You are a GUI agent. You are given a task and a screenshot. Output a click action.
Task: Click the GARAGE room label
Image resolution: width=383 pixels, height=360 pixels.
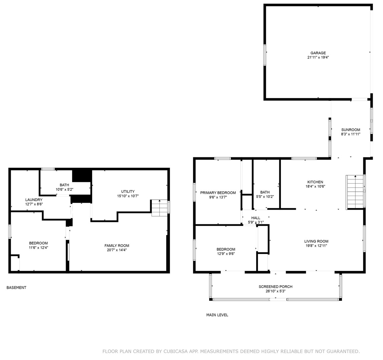(318, 53)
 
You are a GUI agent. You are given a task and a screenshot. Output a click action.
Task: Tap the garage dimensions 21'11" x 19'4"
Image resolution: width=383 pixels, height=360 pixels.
(318, 57)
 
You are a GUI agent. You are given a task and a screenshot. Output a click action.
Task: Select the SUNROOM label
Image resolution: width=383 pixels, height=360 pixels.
(351, 130)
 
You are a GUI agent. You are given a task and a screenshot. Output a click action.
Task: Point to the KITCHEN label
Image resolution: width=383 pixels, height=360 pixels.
(315, 182)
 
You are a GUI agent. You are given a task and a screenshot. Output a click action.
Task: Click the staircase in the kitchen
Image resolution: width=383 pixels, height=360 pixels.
(355, 192)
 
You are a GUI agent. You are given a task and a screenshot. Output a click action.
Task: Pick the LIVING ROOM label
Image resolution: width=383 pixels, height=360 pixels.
(316, 241)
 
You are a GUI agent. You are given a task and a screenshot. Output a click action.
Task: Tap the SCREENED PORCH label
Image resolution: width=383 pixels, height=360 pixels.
(276, 287)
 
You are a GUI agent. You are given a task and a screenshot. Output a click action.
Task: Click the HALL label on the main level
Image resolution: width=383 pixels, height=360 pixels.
(256, 218)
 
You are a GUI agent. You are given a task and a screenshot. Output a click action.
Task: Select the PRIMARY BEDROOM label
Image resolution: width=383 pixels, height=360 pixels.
(218, 193)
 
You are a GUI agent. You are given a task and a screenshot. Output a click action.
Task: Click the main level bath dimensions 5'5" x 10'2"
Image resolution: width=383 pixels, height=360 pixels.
(265, 197)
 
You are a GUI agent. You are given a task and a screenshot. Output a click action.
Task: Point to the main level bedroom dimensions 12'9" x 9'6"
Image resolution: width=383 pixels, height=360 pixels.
(226, 254)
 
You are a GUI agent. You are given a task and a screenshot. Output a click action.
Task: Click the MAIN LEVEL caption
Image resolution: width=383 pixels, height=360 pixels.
(217, 315)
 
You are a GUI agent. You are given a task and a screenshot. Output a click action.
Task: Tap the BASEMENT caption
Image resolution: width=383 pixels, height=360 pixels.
(16, 288)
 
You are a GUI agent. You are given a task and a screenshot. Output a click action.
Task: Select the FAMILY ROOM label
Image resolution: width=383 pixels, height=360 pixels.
(117, 246)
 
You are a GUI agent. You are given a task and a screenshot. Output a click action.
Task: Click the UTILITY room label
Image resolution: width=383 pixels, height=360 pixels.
(128, 192)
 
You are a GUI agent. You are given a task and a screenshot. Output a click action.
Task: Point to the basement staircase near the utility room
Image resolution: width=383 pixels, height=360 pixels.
(159, 208)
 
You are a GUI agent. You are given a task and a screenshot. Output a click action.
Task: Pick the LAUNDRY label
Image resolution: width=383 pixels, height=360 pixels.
(34, 200)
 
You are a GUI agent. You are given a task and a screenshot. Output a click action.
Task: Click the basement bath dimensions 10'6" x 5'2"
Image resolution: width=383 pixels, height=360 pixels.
(64, 189)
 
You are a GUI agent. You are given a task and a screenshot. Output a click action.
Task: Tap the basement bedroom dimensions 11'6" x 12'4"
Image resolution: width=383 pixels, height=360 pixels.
(38, 247)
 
